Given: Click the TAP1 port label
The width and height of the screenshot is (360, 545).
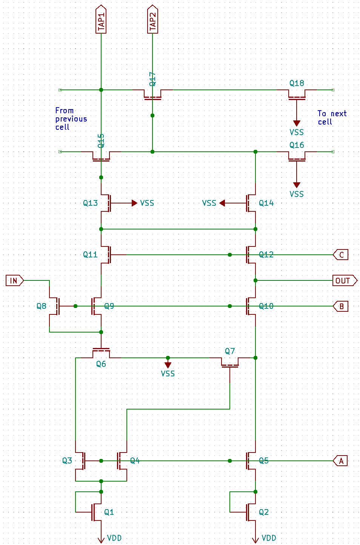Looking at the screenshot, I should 101,20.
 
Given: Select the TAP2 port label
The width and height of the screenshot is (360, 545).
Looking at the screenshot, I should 152,20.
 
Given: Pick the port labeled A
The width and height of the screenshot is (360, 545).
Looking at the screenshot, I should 340,461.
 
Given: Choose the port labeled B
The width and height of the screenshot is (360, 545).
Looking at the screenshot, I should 340,306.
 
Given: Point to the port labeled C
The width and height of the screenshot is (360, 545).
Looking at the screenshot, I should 340,255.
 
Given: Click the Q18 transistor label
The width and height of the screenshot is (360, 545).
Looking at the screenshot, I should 297,83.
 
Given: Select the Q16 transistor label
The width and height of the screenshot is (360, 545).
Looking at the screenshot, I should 297,145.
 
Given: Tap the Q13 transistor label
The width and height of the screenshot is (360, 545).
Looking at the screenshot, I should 90,203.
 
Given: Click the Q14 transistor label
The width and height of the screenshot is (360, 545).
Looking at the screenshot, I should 266,203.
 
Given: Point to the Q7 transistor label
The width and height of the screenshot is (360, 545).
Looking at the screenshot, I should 230,351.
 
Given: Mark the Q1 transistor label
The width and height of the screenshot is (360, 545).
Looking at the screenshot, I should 109,512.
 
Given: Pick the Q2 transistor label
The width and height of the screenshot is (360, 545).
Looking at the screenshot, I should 263,512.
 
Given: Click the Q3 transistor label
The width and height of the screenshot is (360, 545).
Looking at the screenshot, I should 67,460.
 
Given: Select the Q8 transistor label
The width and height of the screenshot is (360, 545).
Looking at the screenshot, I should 42,306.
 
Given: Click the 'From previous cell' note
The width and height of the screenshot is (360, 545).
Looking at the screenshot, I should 71,119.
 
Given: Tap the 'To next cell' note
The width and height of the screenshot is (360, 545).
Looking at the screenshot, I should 331,118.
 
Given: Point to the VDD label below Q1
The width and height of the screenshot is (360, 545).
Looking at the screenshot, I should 114,538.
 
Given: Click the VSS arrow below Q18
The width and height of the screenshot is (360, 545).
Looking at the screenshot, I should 297,123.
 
